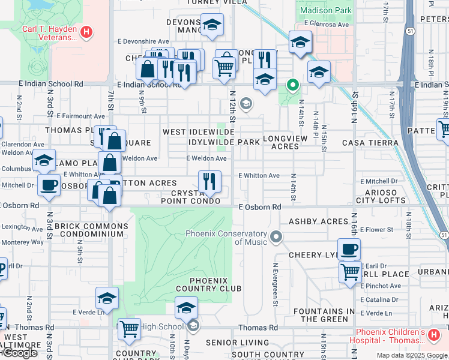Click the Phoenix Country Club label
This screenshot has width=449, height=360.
(207, 284)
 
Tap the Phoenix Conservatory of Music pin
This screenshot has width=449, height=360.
(276, 238)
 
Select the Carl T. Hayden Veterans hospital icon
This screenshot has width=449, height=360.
(86, 32)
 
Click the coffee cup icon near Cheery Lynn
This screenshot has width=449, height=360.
(349, 248)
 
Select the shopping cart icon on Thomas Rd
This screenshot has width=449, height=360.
(129, 329)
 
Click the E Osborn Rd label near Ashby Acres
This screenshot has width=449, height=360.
(260, 207)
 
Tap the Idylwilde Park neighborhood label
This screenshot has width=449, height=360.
(224, 142)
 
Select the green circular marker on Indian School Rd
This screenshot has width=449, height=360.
(293, 85)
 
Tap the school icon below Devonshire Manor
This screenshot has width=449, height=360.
(211, 25)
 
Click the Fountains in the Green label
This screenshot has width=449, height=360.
(328, 315)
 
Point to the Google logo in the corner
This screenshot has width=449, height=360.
(19, 353)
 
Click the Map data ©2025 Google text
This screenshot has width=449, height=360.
(411, 355)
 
